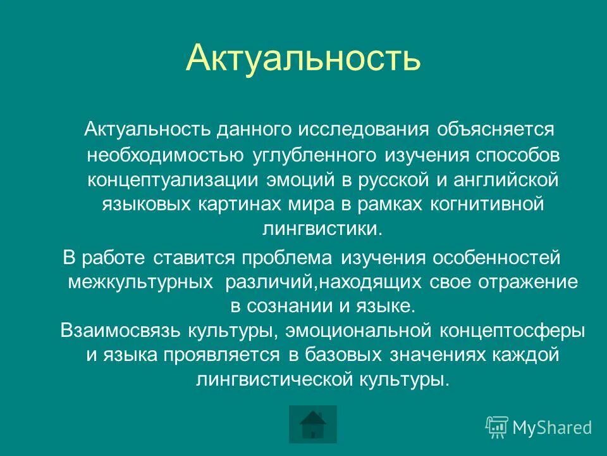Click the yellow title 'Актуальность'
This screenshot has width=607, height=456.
pos(303,58)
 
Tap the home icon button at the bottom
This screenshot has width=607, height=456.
pos(312,424)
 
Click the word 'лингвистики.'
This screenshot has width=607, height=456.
pos(322,229)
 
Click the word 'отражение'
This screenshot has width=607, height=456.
pos(527,282)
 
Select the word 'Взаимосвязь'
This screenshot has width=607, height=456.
pos(121,331)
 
